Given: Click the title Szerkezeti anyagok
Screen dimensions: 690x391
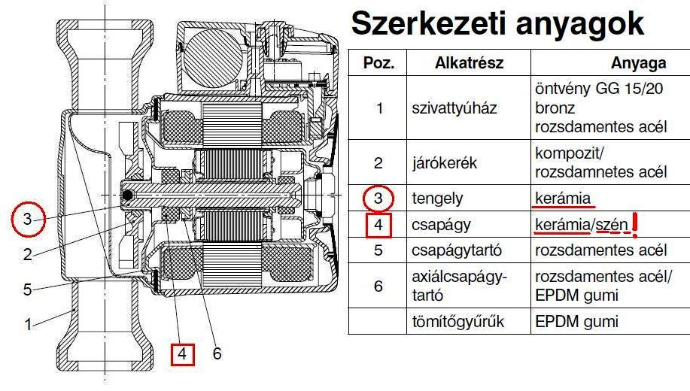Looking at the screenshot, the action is click(498, 24).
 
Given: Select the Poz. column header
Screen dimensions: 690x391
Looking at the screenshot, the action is click(379, 62).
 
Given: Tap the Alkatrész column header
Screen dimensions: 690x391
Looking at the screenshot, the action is click(469, 62).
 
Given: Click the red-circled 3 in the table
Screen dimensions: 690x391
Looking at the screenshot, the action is click(379, 199).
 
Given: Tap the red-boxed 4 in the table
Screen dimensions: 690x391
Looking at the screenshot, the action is click(379, 225).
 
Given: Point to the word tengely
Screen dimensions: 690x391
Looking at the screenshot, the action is click(437, 199).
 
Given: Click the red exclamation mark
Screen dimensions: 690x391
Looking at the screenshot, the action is click(637, 223).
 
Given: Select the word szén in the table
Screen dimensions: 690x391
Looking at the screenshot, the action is click(610, 225).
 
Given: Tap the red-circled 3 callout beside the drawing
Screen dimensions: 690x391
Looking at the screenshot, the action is click(28, 220).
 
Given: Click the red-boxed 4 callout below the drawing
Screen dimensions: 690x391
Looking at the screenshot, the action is click(183, 353).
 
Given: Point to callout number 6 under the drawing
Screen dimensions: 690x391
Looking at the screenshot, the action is click(217, 353).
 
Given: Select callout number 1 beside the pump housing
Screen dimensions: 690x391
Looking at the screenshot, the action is click(28, 325).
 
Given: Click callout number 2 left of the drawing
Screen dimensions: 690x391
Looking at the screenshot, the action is click(28, 254).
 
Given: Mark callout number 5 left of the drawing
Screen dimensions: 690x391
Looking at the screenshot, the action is click(28, 289).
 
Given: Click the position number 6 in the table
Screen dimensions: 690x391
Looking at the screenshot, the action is click(379, 286).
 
